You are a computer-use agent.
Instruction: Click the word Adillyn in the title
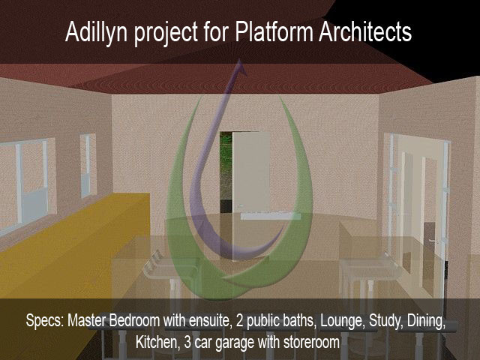point(96,32)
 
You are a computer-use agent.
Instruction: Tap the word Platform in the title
point(274,31)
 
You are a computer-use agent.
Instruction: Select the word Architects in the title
point(365,31)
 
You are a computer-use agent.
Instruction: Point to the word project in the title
point(166,34)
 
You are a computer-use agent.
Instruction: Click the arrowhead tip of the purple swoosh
point(240,60)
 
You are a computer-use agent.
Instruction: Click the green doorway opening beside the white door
point(226,172)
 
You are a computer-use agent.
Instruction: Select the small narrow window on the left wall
point(88,165)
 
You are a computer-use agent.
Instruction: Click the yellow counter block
point(73,245)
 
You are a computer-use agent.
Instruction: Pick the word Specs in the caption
point(45,321)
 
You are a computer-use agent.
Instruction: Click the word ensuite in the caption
point(209,320)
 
